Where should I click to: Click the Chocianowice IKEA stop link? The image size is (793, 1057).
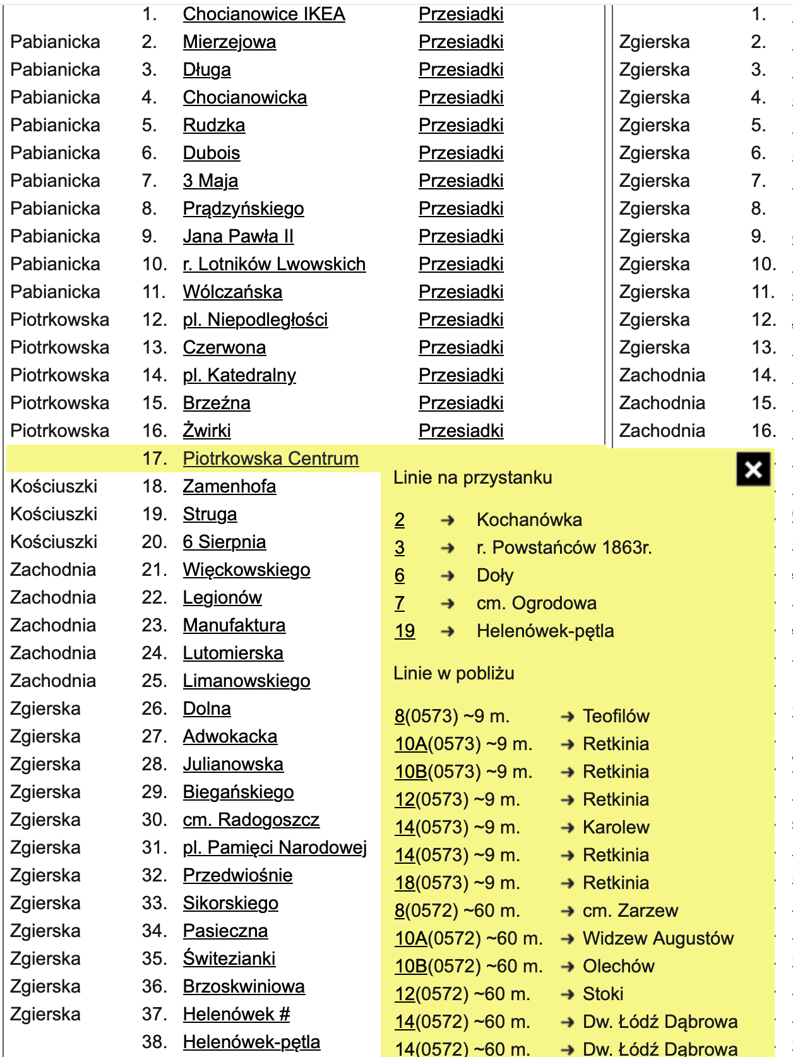pos(264,15)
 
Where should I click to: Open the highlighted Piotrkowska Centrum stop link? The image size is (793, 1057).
pos(270,458)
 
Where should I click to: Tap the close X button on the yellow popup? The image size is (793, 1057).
pos(753,469)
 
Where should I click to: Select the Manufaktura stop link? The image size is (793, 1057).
pos(234,625)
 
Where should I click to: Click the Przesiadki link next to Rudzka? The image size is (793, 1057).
pos(461,125)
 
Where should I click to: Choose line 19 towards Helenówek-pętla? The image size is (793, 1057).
pos(405,631)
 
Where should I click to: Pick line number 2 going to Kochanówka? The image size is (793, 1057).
pos(400,520)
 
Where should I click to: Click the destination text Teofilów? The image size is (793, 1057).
pos(616,716)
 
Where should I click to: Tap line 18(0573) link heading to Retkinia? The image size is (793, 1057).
pos(405,883)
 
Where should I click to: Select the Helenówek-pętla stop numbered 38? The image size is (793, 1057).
pos(251,1042)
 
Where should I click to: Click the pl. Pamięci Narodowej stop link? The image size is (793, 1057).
pos(275,847)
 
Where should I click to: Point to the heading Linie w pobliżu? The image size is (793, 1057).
pos(453,673)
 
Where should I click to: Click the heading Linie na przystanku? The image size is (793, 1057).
pos(472,477)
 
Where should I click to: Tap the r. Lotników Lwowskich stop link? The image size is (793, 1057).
pos(274,264)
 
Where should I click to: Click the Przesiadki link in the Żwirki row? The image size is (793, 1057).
pos(461,431)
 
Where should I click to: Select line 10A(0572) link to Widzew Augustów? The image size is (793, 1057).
pos(411,938)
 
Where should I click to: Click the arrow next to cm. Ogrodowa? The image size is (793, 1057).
pos(448,604)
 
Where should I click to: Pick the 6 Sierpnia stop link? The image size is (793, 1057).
pos(224,542)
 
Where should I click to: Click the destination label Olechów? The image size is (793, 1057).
pos(618,966)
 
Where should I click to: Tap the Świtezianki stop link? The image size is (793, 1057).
pos(229,958)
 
